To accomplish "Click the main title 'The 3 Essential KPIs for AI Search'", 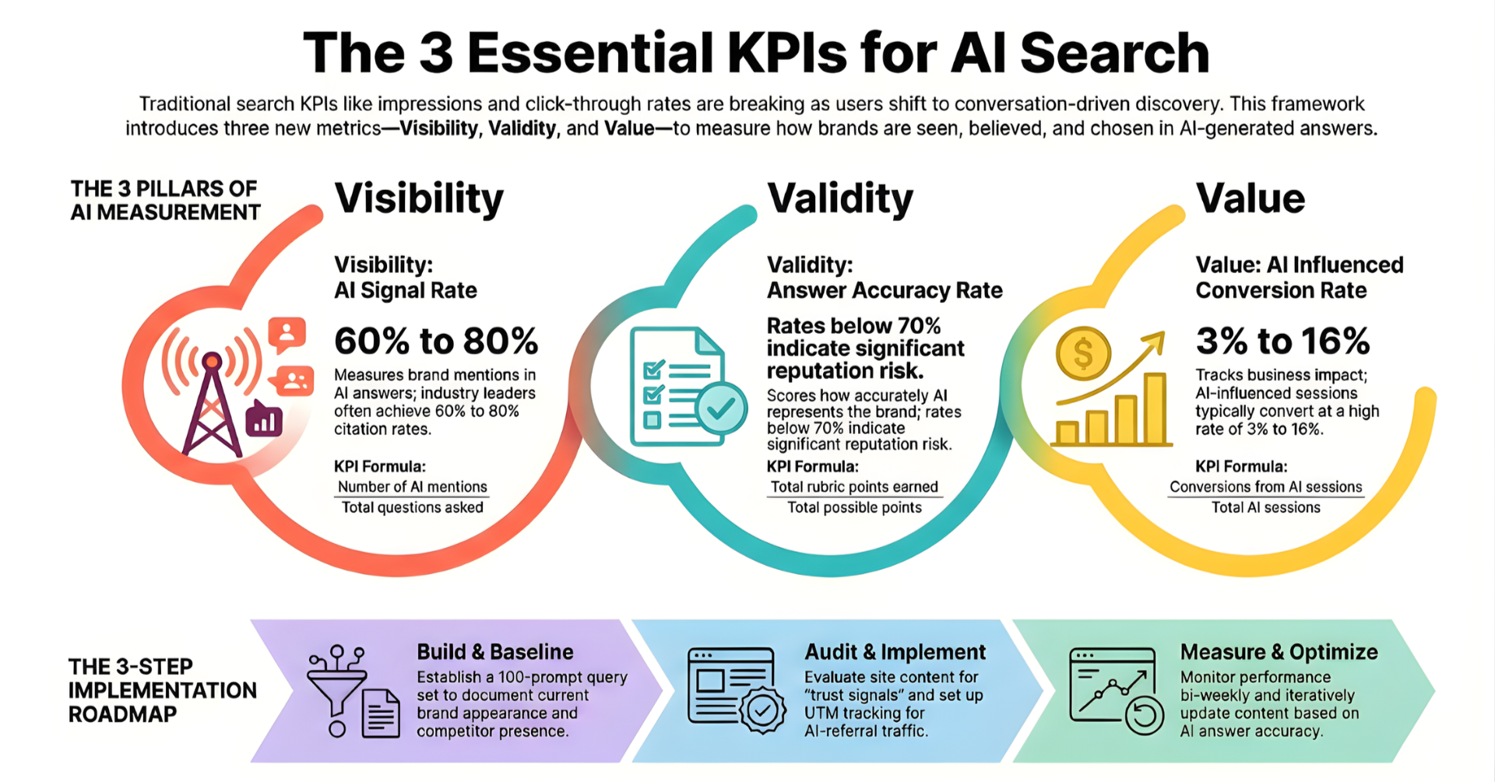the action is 755,53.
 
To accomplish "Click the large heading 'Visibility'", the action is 419,198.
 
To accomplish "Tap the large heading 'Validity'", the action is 839,198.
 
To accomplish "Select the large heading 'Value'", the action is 1250,198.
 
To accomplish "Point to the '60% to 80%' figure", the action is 436,341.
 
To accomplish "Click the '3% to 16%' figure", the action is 1282,341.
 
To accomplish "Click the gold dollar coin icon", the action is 1082,353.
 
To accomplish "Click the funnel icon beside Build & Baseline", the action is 336,688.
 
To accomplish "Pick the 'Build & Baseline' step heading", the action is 494,652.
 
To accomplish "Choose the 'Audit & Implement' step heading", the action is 895,652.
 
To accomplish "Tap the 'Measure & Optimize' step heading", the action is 1279,652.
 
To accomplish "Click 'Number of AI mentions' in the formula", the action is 412,487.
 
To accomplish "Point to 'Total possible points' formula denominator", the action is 854,508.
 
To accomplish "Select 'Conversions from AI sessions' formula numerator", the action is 1265,487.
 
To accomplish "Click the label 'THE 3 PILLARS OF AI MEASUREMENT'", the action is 165,201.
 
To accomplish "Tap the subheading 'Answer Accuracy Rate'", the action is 885,290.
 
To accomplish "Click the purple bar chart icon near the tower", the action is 264,419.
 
